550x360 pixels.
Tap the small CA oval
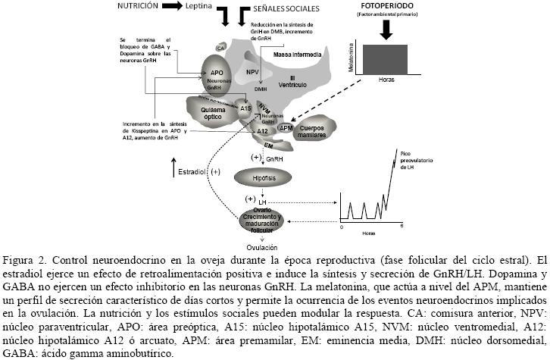pos(220,48)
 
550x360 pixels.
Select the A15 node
pos(245,108)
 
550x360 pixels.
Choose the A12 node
pos(262,131)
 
